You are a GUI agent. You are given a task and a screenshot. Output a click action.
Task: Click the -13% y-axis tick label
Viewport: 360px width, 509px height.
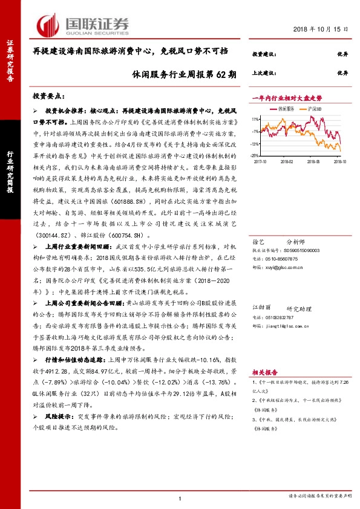click(x=256, y=144)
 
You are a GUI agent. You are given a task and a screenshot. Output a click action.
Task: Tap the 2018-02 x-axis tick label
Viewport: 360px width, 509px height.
click(x=287, y=162)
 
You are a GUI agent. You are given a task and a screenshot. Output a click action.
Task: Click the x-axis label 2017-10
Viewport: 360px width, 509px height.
click(x=261, y=162)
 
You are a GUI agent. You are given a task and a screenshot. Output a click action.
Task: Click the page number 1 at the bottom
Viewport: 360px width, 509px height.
click(x=180, y=498)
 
